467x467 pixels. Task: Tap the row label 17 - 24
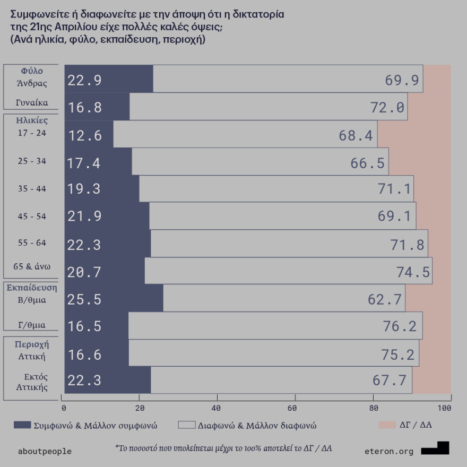[x=32, y=133]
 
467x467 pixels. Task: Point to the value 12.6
[x=84, y=136]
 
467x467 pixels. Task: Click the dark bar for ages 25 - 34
[x=98, y=161]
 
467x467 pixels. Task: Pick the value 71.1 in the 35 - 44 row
[x=393, y=189]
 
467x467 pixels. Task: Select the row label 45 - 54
[x=32, y=216]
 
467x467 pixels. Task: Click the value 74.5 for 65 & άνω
[x=413, y=272]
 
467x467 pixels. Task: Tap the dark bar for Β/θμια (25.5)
[x=114, y=298]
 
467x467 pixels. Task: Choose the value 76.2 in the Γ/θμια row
[x=400, y=326]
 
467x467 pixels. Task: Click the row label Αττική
[x=32, y=356]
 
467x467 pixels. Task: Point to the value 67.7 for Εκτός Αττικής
[x=390, y=381]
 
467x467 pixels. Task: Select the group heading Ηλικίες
[x=32, y=120]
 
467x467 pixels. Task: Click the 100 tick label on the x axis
[x=444, y=408]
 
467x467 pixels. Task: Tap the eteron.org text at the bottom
[x=389, y=452]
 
